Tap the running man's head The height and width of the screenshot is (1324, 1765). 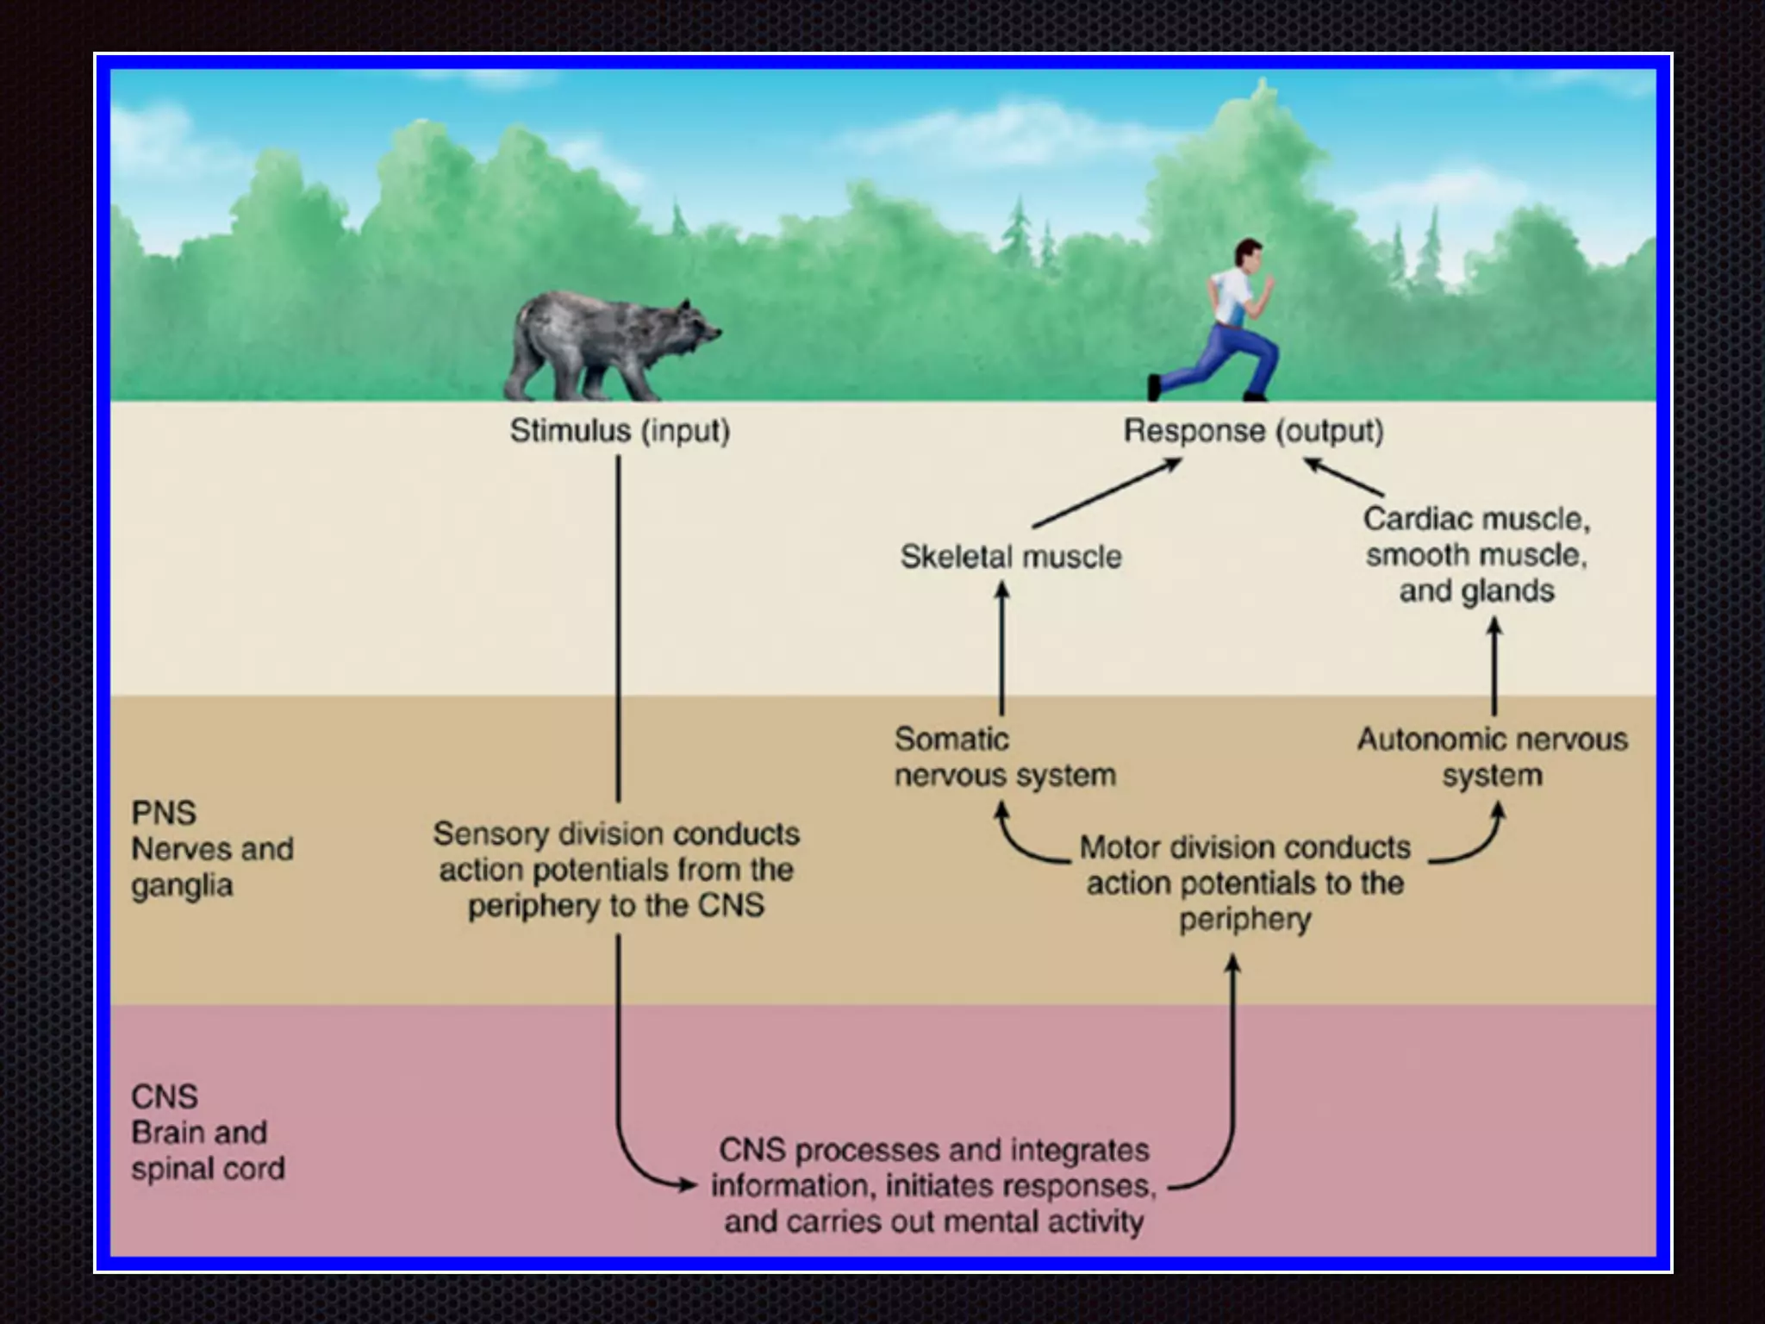click(1246, 255)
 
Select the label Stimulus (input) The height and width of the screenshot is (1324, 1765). click(620, 430)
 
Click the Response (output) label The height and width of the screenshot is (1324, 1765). click(1253, 430)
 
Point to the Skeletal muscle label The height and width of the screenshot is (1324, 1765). click(1011, 556)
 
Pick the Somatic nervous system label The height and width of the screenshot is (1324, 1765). click(1004, 757)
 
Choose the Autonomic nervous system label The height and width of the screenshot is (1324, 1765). click(1492, 757)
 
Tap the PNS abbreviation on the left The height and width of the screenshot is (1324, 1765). click(164, 812)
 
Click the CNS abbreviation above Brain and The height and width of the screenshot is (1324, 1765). click(164, 1096)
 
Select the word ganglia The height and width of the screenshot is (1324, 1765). click(182, 886)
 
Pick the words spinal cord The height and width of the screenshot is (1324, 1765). click(208, 1169)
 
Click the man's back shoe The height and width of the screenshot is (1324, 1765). click(1154, 387)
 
